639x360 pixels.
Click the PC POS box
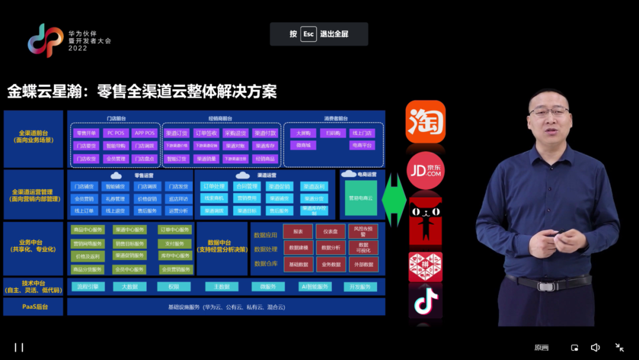pyautogui.click(x=115, y=133)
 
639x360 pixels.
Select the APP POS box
pyautogui.click(x=144, y=133)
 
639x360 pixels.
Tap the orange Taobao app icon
pyautogui.click(x=425, y=121)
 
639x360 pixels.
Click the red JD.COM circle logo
pyautogui.click(x=425, y=171)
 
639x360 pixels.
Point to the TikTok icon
pyautogui.click(x=425, y=301)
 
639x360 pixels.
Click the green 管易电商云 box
pyautogui.click(x=361, y=198)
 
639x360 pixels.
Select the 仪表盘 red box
pyautogui.click(x=330, y=232)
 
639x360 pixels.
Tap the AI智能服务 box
pyautogui.click(x=314, y=287)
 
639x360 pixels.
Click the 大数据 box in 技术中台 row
pyautogui.click(x=130, y=287)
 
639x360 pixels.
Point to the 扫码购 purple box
pyautogui.click(x=333, y=133)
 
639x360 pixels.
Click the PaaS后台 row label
pyautogui.click(x=33, y=307)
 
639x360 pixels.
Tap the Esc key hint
pyautogui.click(x=309, y=34)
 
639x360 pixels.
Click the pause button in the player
pyautogui.click(x=19, y=348)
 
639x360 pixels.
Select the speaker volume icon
pyautogui.click(x=595, y=348)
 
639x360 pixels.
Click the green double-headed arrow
pyautogui.click(x=394, y=200)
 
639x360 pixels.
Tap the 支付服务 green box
pyautogui.click(x=175, y=243)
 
